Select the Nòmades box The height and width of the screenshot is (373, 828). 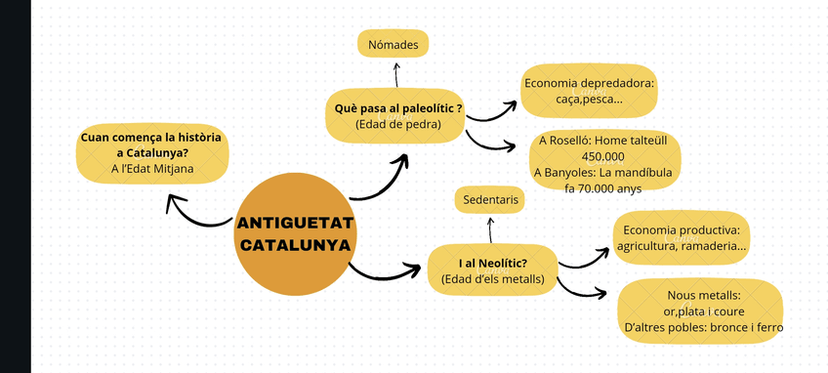click(393, 45)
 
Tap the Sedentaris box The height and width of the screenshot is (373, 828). click(489, 200)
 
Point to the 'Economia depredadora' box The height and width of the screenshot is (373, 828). click(588, 91)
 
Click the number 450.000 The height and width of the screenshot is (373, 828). click(602, 156)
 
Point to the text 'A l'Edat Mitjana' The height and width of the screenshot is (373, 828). click(152, 169)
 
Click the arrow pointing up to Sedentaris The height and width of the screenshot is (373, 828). click(490, 229)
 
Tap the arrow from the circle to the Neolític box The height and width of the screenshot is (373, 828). click(386, 270)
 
